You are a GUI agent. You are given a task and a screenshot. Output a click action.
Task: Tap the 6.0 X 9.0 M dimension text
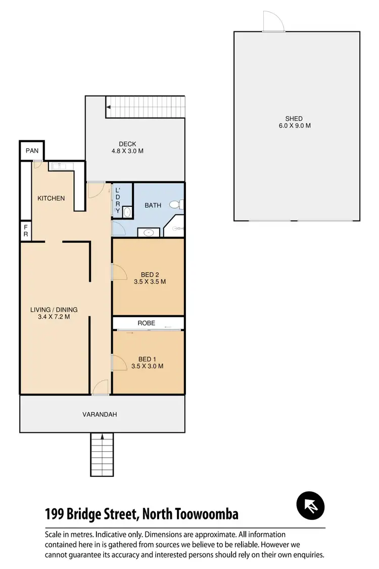pyautogui.click(x=295, y=125)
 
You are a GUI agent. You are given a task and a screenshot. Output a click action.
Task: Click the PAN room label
pyautogui.click(x=32, y=151)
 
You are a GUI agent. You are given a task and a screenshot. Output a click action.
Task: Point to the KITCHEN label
pyautogui.click(x=51, y=198)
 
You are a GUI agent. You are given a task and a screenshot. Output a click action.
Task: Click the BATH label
pyautogui.click(x=153, y=205)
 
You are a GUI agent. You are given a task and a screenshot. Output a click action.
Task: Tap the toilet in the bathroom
pyautogui.click(x=176, y=205)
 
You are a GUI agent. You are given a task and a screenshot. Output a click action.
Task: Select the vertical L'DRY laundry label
pyautogui.click(x=117, y=200)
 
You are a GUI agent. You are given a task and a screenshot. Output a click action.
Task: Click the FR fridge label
pyautogui.click(x=25, y=231)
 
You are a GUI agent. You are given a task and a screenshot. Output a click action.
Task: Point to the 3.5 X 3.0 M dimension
pyautogui.click(x=148, y=366)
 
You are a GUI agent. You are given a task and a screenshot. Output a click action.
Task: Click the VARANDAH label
pyautogui.click(x=100, y=414)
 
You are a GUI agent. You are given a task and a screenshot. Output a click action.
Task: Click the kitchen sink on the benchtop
pyautogui.click(x=58, y=165)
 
